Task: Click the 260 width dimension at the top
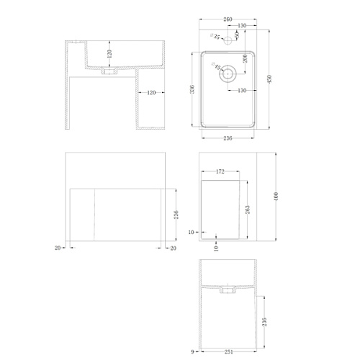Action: tap(228, 19)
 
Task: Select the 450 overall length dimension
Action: tap(269, 79)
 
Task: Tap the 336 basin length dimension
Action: tap(192, 89)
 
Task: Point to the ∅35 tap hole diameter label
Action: tap(215, 37)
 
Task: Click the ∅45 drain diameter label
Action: tap(216, 66)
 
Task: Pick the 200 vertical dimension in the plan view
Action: tap(245, 58)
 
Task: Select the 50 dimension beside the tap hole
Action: tap(237, 35)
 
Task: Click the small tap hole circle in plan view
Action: tap(228, 41)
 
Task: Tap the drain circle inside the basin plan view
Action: tap(228, 73)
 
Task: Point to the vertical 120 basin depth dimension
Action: tap(109, 54)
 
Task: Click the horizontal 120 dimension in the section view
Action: tap(151, 93)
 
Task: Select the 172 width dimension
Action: tap(220, 171)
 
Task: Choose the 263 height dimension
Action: tap(248, 210)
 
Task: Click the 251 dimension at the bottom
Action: tap(229, 352)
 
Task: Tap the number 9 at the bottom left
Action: tap(192, 352)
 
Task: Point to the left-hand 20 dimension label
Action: tap(58, 248)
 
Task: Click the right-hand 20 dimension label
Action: tap(173, 248)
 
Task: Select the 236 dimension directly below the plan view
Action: tap(228, 138)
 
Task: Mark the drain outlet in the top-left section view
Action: tap(109, 71)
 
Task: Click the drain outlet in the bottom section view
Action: tap(228, 289)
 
